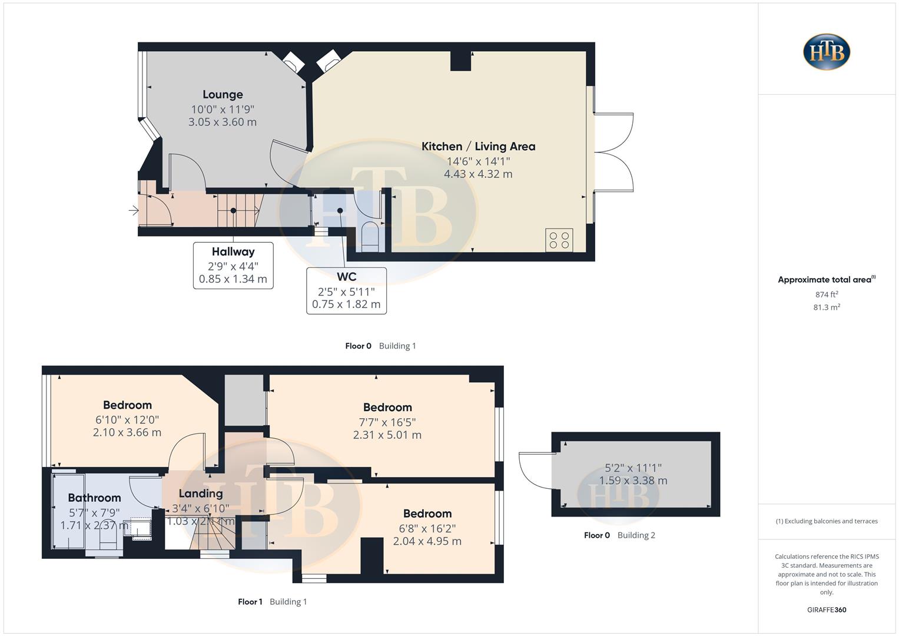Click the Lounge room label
(223, 94)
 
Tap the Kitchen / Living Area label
(478, 147)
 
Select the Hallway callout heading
(233, 251)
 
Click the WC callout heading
(346, 277)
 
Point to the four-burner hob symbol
(559, 240)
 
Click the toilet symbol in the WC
(370, 236)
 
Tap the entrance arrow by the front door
(134, 210)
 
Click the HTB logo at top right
(827, 52)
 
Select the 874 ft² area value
(827, 294)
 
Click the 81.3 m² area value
(827, 307)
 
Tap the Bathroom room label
(94, 498)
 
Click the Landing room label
(201, 493)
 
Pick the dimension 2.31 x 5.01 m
(387, 435)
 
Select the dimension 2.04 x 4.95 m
(427, 541)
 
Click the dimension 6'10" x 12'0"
(127, 420)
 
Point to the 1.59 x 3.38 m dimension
(633, 481)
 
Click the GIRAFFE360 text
(827, 610)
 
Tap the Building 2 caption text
(636, 535)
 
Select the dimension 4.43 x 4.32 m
(478, 174)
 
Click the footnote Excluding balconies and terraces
(827, 521)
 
